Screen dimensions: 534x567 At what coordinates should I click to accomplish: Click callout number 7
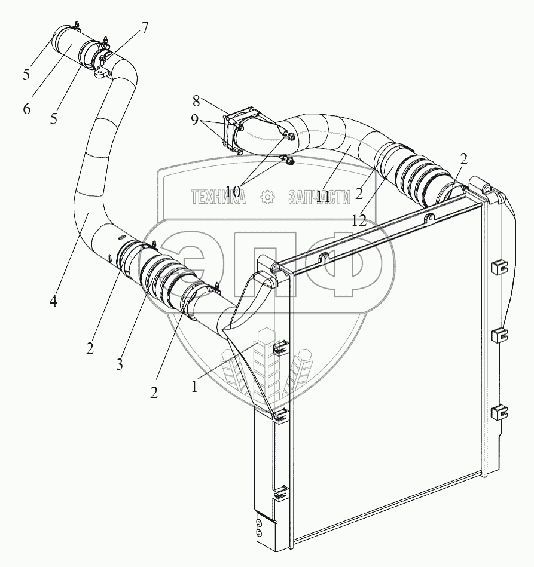[x=144, y=27]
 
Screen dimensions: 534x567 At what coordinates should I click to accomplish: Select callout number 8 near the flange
[x=197, y=100]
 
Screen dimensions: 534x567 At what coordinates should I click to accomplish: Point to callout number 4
[x=53, y=302]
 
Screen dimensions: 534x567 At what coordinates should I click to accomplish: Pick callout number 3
[x=120, y=364]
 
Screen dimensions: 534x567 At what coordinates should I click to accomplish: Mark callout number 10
[x=233, y=191]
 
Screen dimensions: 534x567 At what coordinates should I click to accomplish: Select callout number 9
[x=194, y=119]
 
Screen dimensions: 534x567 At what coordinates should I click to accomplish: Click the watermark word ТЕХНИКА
[x=218, y=197]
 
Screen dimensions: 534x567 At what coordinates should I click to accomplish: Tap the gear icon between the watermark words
[x=267, y=197]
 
